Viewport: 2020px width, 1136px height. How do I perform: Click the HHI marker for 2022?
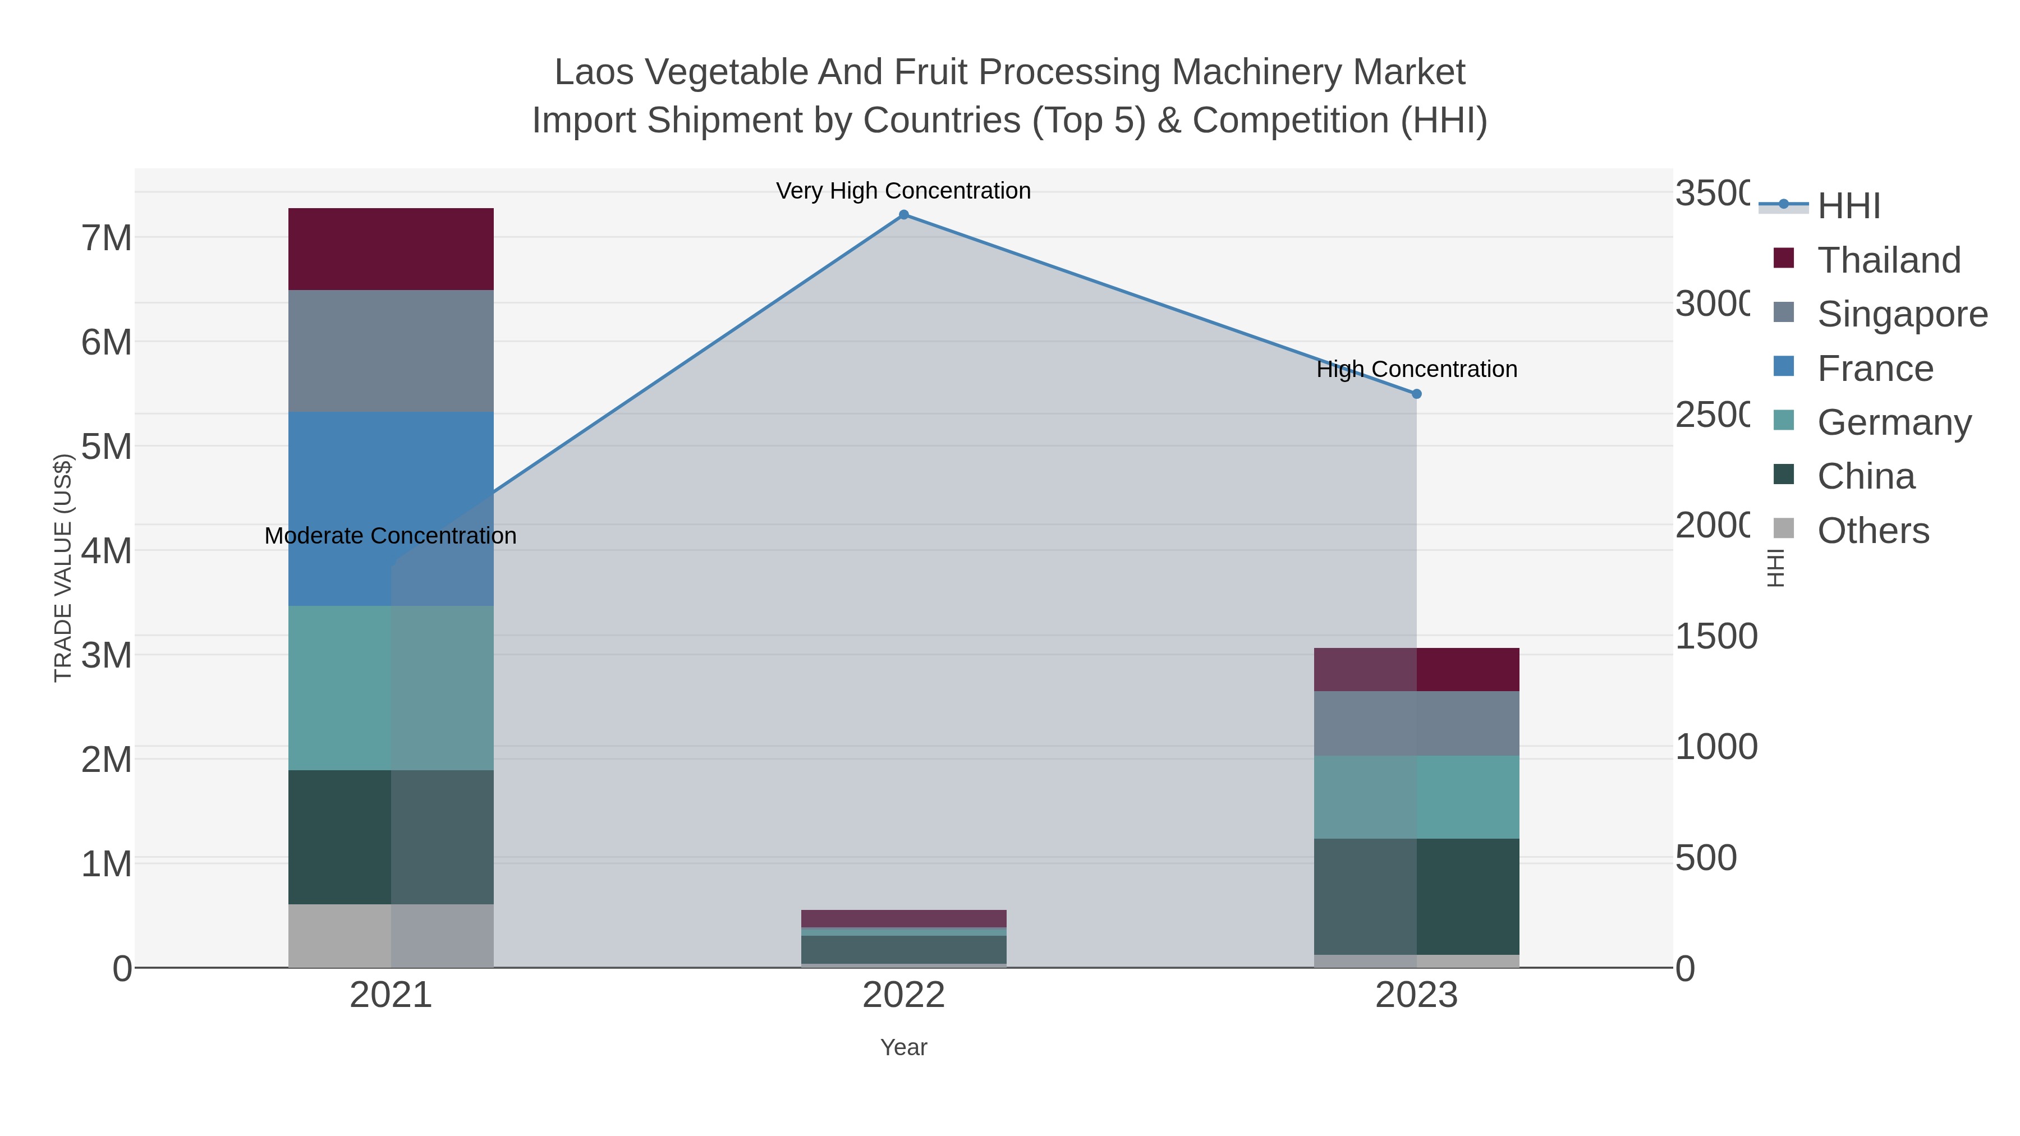[x=903, y=215]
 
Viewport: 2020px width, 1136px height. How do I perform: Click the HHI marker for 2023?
[x=1416, y=394]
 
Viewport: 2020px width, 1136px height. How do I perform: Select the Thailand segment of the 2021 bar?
[x=391, y=249]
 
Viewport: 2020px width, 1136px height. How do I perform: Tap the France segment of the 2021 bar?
[x=391, y=508]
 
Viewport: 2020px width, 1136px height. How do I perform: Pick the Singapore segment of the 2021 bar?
[x=391, y=351]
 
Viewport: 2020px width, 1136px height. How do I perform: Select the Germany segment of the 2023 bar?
[x=1416, y=797]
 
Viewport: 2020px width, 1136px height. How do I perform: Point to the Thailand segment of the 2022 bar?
[x=903, y=918]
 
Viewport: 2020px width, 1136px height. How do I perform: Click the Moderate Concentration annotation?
[x=391, y=536]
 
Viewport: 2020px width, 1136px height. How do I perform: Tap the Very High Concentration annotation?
[x=903, y=191]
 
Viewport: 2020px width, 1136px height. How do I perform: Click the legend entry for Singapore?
[x=1901, y=314]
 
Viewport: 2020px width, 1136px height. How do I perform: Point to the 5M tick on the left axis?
[x=107, y=447]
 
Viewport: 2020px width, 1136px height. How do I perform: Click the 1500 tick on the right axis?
[x=1716, y=637]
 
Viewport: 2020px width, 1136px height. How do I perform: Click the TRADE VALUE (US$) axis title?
[x=63, y=568]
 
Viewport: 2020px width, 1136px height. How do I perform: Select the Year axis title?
[x=903, y=1047]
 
